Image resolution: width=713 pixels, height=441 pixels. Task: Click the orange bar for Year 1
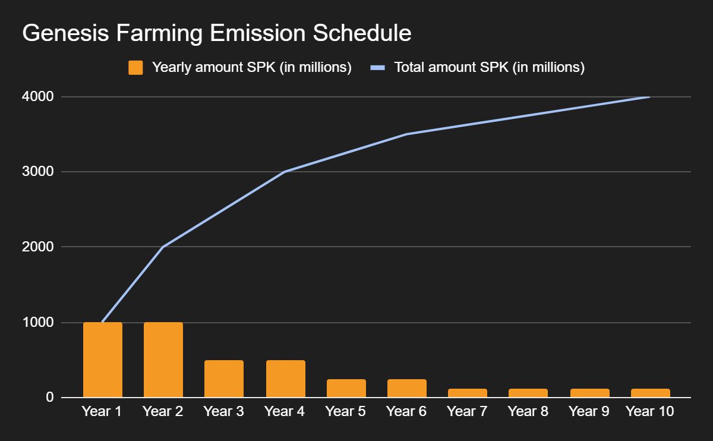pos(103,360)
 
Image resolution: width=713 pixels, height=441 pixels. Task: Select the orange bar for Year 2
pos(163,360)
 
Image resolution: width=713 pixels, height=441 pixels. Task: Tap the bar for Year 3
pos(224,379)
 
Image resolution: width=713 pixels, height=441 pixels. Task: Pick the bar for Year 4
pos(286,379)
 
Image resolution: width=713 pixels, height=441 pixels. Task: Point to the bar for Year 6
pos(407,388)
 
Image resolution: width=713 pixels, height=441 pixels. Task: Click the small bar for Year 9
pos(590,393)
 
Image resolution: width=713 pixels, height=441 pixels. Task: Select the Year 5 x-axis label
pos(346,411)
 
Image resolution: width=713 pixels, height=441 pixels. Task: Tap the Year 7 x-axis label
pos(467,411)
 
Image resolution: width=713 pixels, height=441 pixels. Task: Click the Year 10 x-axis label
pos(650,411)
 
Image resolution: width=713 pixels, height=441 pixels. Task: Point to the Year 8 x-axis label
pos(528,411)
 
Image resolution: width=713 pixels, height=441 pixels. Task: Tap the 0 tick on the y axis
pos(50,397)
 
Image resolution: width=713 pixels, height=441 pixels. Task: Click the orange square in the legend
pos(135,68)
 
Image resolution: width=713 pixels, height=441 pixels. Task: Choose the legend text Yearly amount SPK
pos(251,68)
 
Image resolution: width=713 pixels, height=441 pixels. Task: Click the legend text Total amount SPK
pos(490,68)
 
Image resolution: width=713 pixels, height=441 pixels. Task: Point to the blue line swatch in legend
pos(378,68)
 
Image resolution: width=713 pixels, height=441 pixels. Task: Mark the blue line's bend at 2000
pos(163,247)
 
